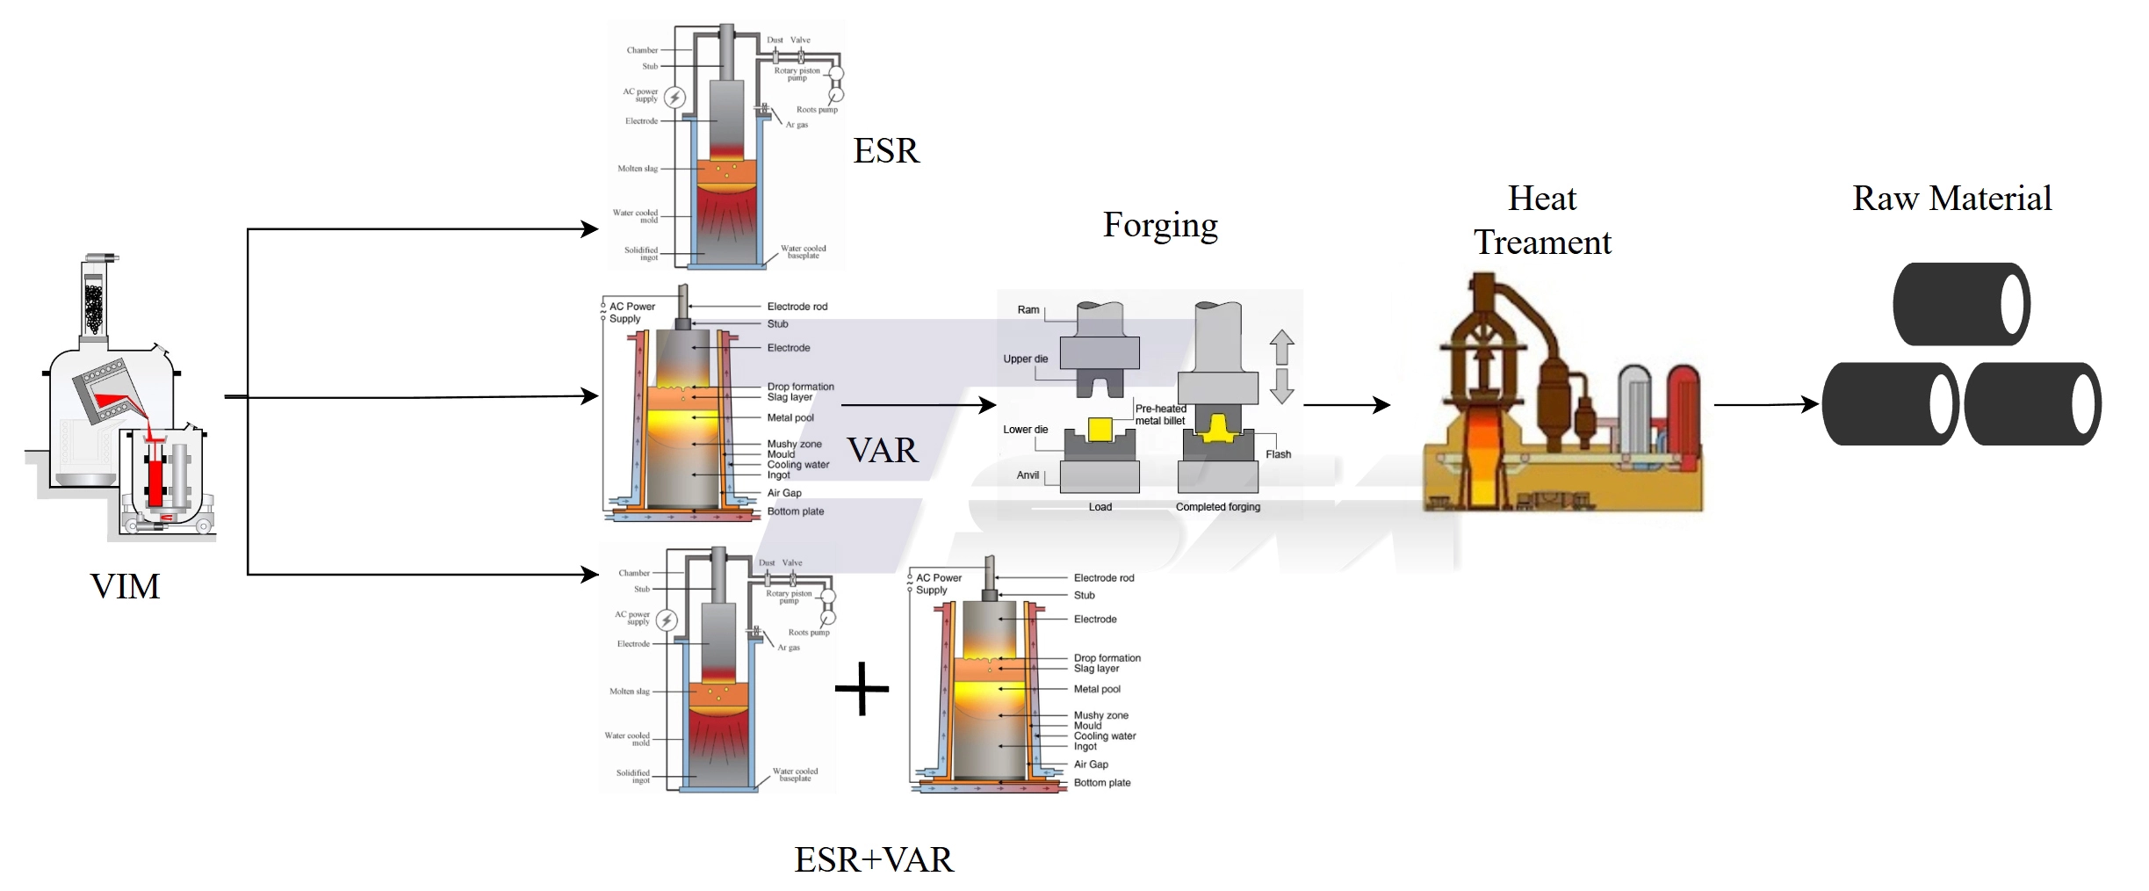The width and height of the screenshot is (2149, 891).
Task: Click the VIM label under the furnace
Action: pyautogui.click(x=125, y=586)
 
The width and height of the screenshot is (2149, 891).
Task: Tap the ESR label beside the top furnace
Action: pyautogui.click(x=886, y=151)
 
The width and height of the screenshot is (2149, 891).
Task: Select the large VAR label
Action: pyautogui.click(x=883, y=451)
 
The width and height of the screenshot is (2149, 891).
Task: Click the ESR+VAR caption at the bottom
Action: pyautogui.click(x=873, y=859)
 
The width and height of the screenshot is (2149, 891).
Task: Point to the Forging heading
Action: pyautogui.click(x=1160, y=226)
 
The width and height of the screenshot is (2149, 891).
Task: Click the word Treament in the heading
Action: pyautogui.click(x=1542, y=243)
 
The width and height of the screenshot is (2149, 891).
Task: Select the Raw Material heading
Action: pyautogui.click(x=1951, y=199)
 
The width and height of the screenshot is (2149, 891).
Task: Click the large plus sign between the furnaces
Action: pyautogui.click(x=862, y=688)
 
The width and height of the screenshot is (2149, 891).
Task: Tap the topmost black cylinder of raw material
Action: pyautogui.click(x=1960, y=304)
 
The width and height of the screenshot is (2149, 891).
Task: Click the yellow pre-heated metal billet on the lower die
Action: pyautogui.click(x=1100, y=429)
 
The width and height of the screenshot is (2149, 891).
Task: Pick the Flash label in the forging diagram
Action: pyautogui.click(x=1278, y=454)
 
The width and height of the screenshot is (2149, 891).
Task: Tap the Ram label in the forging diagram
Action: pyautogui.click(x=1028, y=310)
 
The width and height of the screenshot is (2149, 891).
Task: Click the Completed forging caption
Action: pyautogui.click(x=1217, y=507)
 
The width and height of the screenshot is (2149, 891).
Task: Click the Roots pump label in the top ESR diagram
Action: pyautogui.click(x=817, y=110)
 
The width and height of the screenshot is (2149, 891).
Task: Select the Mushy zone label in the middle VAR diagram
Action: pyautogui.click(x=794, y=444)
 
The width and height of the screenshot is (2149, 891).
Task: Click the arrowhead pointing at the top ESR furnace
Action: pyautogui.click(x=590, y=229)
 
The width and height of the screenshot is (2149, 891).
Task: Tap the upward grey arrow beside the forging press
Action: pyautogui.click(x=1281, y=347)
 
